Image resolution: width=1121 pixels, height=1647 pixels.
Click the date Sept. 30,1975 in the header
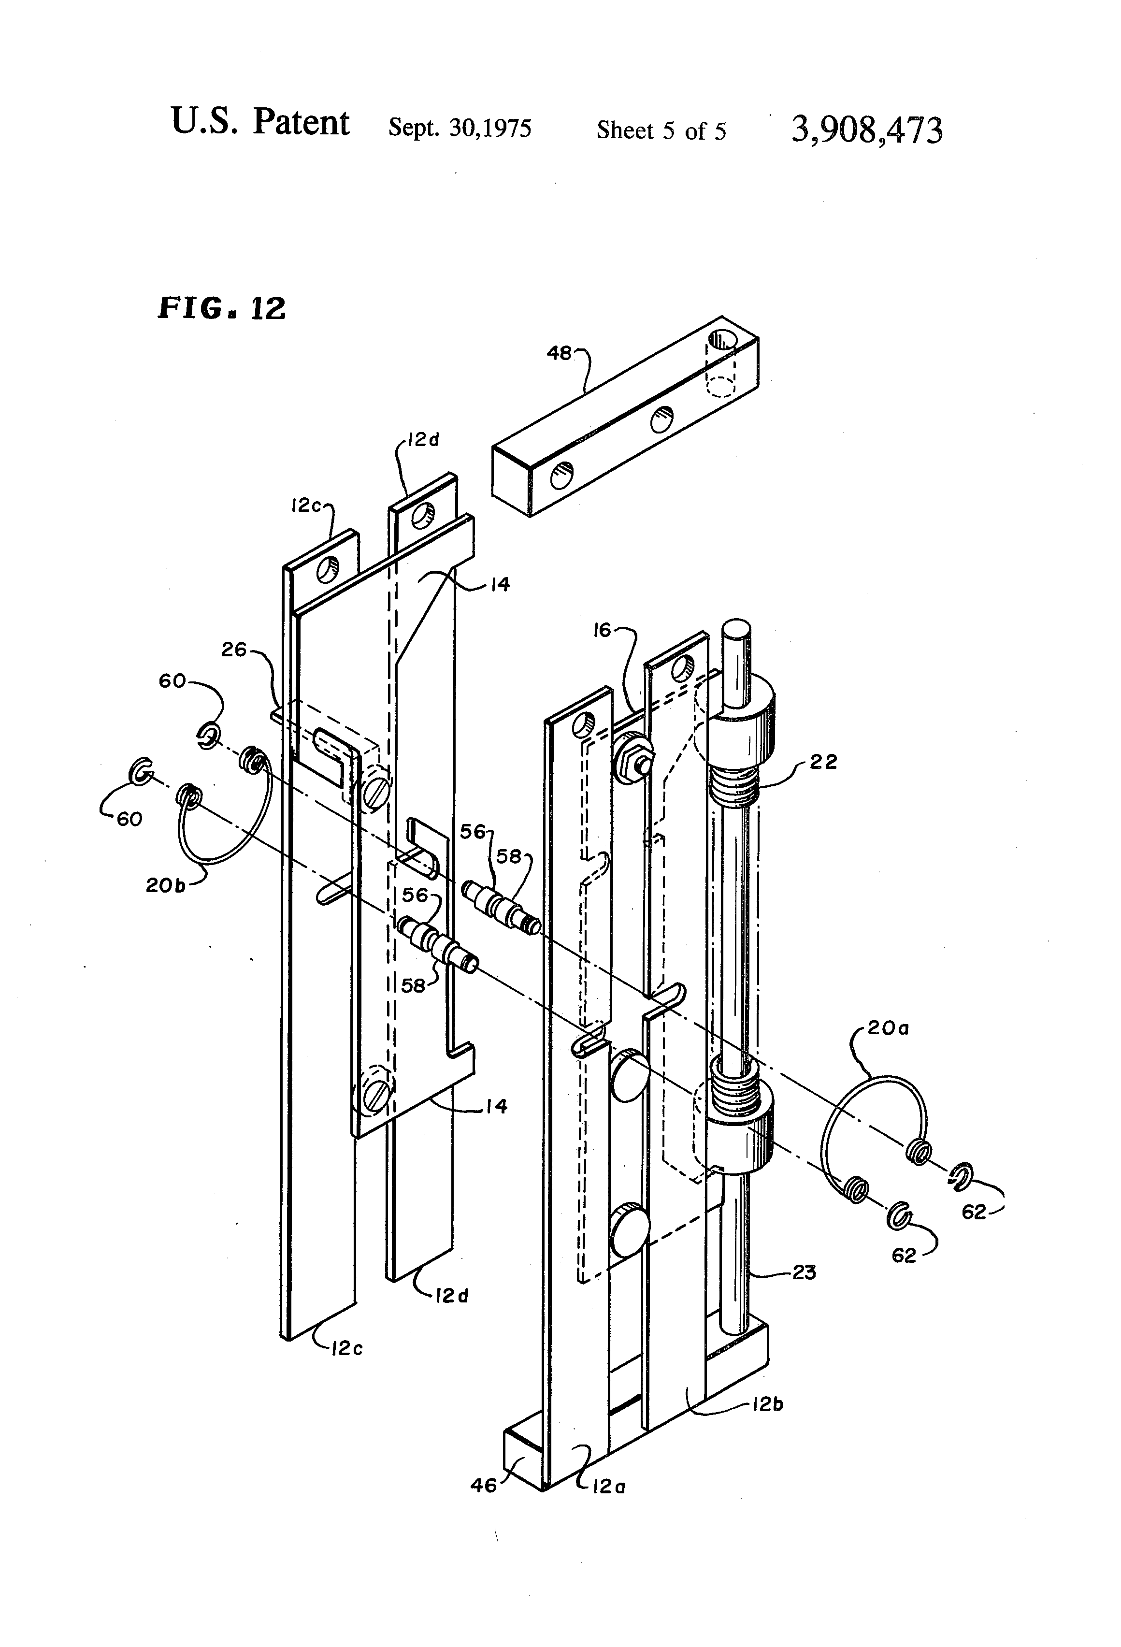(460, 128)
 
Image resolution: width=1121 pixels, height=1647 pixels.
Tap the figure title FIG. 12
(221, 308)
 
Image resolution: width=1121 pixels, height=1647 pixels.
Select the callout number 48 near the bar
(559, 353)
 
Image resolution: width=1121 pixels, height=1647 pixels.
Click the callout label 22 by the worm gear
(823, 762)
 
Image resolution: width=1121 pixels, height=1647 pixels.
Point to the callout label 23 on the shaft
(804, 1272)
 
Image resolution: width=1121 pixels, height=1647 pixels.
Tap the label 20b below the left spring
(165, 885)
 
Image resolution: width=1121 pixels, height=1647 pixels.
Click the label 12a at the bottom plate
(608, 1487)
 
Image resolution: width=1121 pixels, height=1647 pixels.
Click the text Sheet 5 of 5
(661, 131)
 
